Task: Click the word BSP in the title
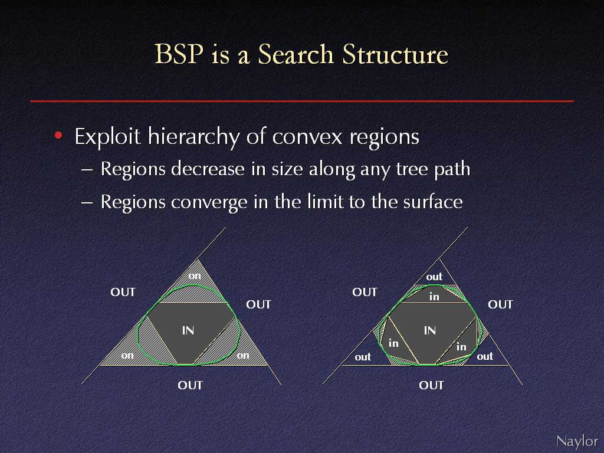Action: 179,54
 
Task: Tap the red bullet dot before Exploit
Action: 58,135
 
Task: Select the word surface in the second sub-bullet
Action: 432,202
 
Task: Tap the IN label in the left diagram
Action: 188,330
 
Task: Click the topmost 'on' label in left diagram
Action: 195,276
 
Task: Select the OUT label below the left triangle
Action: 190,385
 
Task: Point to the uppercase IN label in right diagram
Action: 429,330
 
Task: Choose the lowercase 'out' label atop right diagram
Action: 434,277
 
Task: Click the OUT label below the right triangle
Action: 431,385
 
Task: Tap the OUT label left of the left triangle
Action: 123,292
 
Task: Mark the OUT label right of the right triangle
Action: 500,304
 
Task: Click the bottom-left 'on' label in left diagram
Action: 127,355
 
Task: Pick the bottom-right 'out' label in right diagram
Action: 485,356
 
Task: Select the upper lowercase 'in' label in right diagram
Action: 434,296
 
